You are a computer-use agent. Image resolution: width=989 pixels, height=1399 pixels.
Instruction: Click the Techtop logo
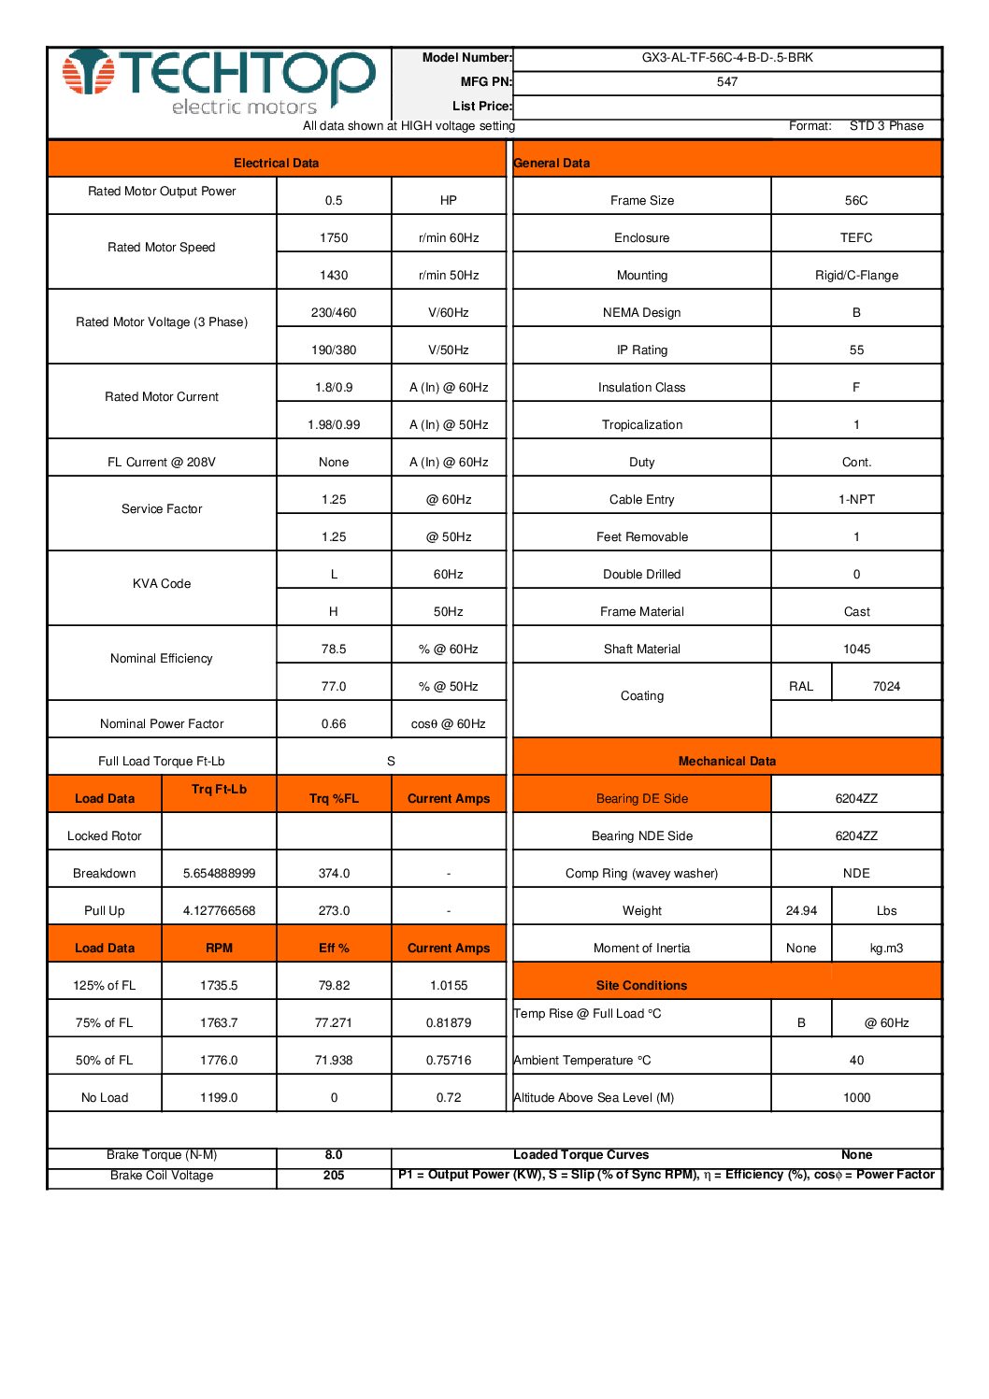[x=220, y=82]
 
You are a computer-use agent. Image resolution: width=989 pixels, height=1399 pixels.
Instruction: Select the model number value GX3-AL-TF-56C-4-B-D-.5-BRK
[x=727, y=58]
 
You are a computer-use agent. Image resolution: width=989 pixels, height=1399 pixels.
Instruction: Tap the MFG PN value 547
[x=727, y=82]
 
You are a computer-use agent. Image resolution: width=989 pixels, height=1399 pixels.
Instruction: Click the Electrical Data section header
[x=276, y=164]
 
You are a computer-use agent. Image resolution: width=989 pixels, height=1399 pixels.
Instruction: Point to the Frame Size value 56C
[x=856, y=201]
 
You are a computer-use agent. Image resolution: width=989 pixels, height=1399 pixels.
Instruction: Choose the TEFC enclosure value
[x=856, y=238]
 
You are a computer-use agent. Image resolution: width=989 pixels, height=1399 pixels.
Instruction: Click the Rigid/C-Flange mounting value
[x=856, y=276]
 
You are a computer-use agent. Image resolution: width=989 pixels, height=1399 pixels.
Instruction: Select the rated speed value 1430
[x=334, y=276]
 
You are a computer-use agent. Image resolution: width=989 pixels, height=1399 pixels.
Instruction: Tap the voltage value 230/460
[x=334, y=313]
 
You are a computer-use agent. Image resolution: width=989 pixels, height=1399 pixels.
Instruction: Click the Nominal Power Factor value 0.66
[x=334, y=724]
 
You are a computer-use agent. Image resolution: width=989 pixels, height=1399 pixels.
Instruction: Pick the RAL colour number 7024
[x=886, y=687]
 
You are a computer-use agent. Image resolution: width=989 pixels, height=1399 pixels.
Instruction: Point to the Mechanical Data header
[x=727, y=762]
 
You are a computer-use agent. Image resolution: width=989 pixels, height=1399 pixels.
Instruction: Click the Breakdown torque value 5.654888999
[x=219, y=874]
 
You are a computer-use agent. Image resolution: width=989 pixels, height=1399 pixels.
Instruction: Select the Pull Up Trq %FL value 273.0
[x=334, y=911]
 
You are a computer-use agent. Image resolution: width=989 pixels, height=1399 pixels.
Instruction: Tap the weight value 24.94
[x=801, y=911]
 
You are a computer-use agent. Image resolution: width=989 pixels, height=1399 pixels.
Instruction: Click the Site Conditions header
[x=641, y=986]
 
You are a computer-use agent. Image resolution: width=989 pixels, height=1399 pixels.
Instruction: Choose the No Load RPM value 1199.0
[x=219, y=1098]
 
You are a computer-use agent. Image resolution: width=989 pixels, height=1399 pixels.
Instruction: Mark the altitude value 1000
[x=856, y=1098]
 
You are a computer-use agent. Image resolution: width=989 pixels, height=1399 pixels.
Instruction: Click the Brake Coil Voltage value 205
[x=334, y=1176]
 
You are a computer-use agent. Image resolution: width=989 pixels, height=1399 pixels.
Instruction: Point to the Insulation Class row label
[x=641, y=388]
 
